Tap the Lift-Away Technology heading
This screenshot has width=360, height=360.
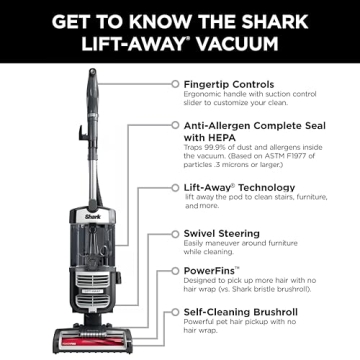tap(243, 186)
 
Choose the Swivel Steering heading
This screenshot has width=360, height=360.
tap(227, 233)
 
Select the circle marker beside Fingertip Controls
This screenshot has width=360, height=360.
tap(174, 86)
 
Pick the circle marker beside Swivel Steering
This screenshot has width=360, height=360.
tap(174, 233)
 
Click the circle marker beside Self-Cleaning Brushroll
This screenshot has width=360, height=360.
tap(174, 313)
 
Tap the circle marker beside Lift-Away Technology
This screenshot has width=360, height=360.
tap(174, 186)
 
